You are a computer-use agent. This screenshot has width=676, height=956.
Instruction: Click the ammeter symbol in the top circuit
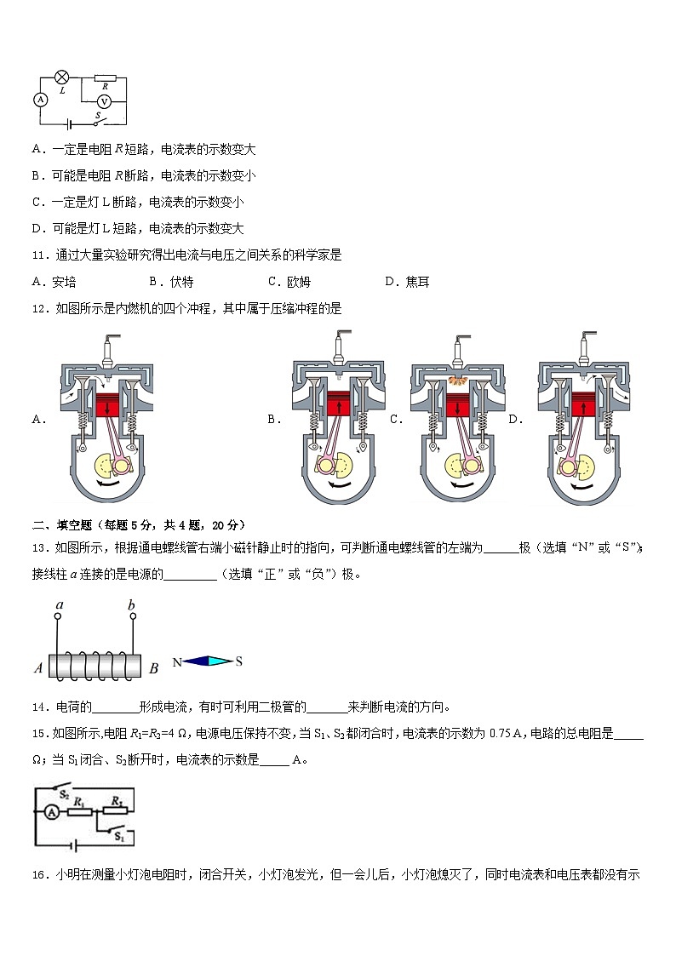coord(39,100)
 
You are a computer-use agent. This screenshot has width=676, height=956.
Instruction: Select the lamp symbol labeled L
coord(62,77)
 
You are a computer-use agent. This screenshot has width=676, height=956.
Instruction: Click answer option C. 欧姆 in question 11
coord(289,282)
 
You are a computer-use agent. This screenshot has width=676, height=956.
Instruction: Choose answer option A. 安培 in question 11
coord(54,282)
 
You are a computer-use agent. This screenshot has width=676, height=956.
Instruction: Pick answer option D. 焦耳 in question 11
coord(407,282)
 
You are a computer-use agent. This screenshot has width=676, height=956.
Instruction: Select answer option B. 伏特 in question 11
coord(171,282)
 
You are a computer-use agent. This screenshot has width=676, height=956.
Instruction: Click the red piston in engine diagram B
coord(338,402)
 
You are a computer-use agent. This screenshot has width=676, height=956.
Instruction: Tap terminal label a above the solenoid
coord(59,605)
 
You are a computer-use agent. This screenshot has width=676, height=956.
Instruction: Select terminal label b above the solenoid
coord(132,605)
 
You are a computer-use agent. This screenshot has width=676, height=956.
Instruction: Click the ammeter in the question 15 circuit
coord(51,813)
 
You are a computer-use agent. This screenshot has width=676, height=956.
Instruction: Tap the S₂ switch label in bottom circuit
coord(64,794)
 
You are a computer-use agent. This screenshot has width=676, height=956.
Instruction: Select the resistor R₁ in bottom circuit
coord(80,812)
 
